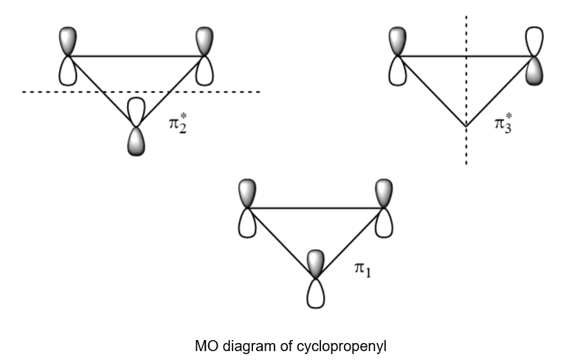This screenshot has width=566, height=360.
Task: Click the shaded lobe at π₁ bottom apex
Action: (x=315, y=263)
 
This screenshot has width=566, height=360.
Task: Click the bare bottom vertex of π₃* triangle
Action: (x=466, y=126)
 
